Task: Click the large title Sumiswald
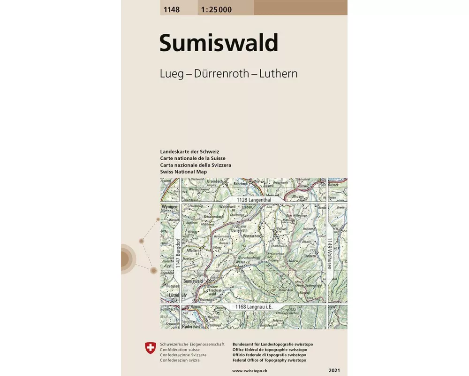coord(219,43)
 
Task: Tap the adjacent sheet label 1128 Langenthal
coord(255,200)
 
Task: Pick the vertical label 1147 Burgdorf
coord(178,254)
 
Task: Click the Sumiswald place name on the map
coord(193,281)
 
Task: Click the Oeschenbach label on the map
coord(214,216)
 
